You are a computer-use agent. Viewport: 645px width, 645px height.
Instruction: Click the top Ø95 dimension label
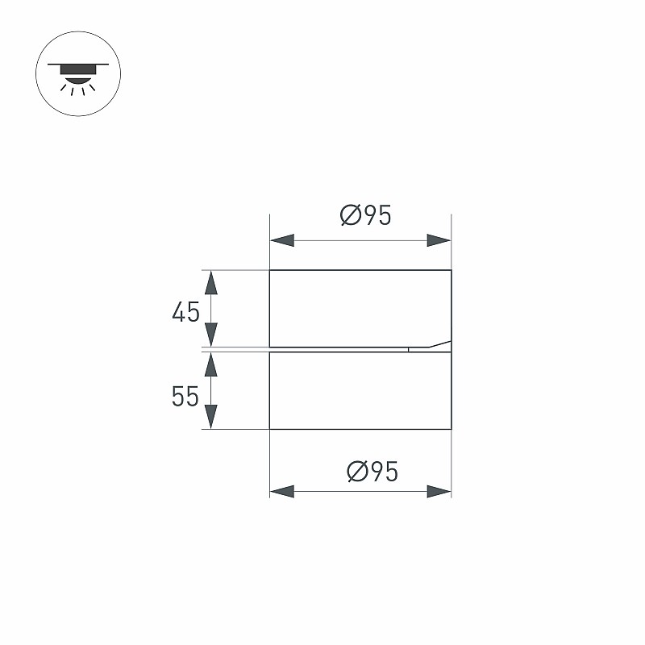pyautogui.click(x=366, y=215)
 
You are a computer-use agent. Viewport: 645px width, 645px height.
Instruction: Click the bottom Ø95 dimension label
pyautogui.click(x=372, y=472)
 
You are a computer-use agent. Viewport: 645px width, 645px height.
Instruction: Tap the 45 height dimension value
pyautogui.click(x=186, y=312)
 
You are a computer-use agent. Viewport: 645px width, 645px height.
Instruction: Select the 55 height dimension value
pyautogui.click(x=185, y=396)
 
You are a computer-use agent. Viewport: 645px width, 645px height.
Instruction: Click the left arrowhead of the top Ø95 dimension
pyautogui.click(x=282, y=240)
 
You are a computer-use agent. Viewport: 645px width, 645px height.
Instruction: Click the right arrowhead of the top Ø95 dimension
pyautogui.click(x=439, y=240)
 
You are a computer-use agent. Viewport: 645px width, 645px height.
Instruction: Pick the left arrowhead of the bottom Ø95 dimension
pyautogui.click(x=282, y=491)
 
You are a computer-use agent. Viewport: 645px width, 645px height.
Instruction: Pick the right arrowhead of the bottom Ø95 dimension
pyautogui.click(x=439, y=491)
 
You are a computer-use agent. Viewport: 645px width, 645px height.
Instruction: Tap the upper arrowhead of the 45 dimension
pyautogui.click(x=211, y=283)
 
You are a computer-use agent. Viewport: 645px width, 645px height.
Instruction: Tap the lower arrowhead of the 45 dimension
pyautogui.click(x=211, y=335)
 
